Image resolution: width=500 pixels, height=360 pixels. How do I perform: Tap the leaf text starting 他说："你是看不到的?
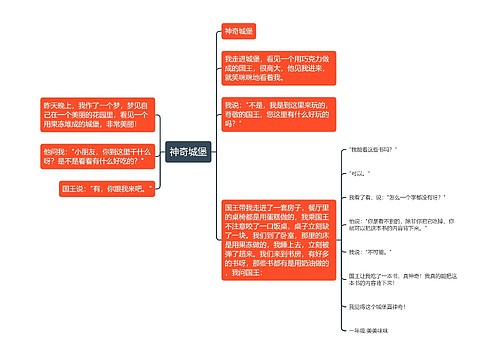394,224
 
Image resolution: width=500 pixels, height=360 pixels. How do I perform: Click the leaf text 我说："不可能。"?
368,252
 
